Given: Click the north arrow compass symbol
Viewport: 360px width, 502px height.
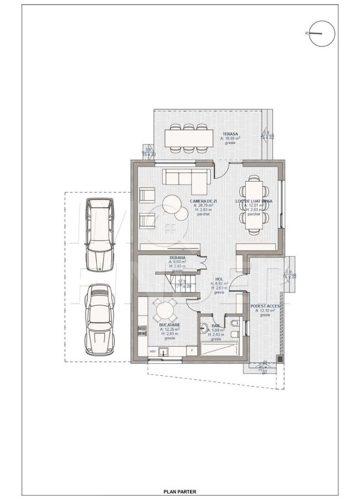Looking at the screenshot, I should tap(322, 33).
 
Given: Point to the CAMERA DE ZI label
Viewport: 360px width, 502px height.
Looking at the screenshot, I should tap(204, 201).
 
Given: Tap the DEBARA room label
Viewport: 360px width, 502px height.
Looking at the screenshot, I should tap(178, 258).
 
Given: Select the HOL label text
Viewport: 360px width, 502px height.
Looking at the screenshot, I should tap(219, 279).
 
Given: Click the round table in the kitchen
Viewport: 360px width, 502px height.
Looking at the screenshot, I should tap(165, 310).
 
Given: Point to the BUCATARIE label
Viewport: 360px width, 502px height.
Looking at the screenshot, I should tap(169, 325).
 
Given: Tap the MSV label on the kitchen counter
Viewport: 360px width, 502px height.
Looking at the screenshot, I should tap(152, 351).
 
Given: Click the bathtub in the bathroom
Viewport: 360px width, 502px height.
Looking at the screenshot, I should tap(219, 349).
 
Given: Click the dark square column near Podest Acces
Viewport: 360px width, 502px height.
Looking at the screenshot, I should tap(279, 358).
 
